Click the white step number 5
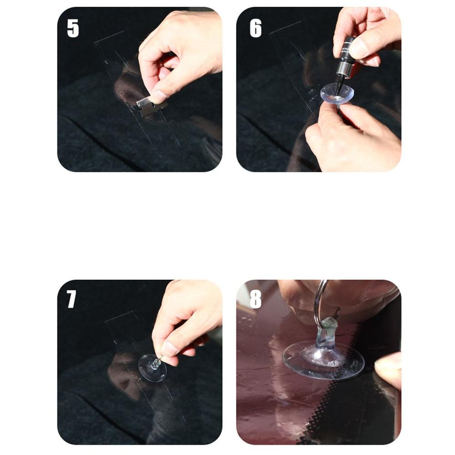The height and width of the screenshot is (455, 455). (73, 28)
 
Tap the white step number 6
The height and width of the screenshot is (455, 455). (256, 28)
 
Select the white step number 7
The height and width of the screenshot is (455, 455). (71, 299)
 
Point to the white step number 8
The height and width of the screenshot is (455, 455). (256, 299)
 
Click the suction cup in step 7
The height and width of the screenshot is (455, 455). (152, 368)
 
